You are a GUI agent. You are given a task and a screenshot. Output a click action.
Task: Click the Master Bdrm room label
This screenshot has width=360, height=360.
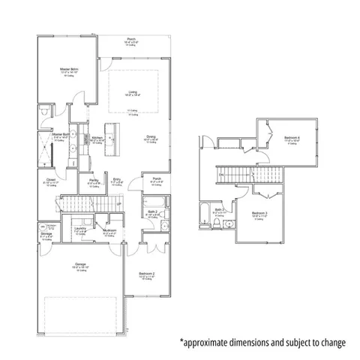[69, 70]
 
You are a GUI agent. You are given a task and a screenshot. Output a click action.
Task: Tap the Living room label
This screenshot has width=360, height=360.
[132, 91]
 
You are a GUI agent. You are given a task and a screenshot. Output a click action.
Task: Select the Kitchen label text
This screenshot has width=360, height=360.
[97, 138]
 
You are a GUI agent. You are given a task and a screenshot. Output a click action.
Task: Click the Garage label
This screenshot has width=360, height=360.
[79, 264]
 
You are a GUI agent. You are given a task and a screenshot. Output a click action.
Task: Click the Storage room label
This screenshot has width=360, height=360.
[46, 234]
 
